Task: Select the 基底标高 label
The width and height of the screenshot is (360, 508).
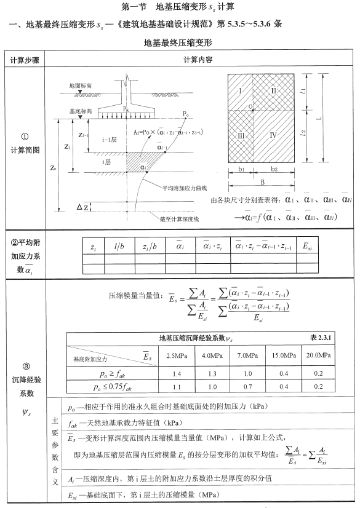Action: pos(81,111)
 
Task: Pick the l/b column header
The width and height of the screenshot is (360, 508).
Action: pos(121,246)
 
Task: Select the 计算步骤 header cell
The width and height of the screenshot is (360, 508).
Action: pos(23,60)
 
